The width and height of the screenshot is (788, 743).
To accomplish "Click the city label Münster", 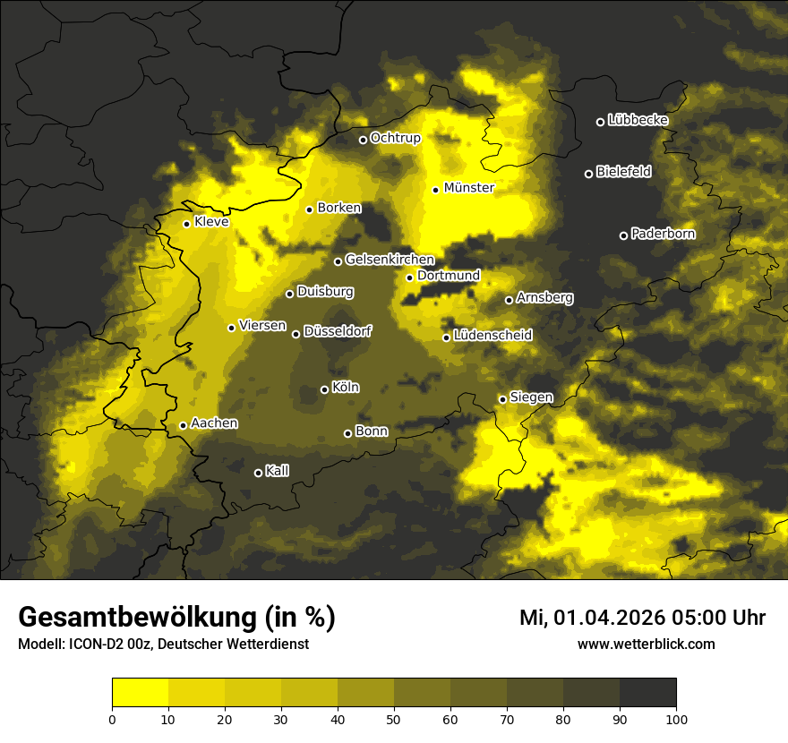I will point(468,188).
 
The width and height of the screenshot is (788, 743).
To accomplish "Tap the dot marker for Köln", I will point(324,389).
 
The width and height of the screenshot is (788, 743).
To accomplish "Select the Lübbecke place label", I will point(638,120).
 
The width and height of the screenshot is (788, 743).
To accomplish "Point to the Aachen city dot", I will point(183,425).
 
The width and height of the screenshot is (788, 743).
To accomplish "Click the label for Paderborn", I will point(663,234).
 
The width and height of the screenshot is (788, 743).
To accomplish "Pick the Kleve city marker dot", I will point(186,224).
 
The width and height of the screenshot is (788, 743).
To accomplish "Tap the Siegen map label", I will point(531,397).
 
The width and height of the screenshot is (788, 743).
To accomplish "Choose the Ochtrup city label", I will point(395,138).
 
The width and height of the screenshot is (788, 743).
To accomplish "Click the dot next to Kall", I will point(258,473).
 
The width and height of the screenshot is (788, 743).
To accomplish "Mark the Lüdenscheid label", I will point(492,336).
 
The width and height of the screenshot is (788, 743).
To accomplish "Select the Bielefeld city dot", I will point(588,174).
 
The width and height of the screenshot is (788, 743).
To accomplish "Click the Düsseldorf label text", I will point(338,331).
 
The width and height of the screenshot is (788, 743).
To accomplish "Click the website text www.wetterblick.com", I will point(646,644).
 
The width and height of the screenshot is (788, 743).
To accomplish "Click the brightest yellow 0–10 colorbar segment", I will point(140,692).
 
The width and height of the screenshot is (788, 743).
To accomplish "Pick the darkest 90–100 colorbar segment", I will point(647,692).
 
